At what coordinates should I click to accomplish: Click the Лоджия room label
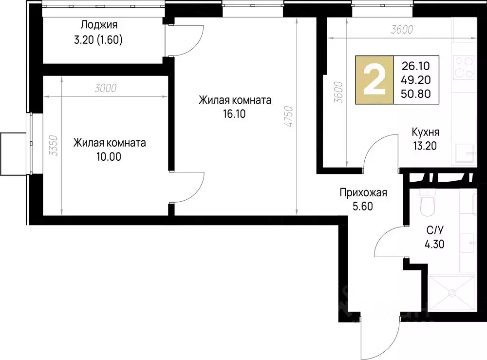[x=99, y=25]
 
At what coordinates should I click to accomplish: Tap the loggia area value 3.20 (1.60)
[x=97, y=40]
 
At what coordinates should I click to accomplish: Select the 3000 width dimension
[x=107, y=88]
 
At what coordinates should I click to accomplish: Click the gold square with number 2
[x=375, y=80]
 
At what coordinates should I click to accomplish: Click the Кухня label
[x=426, y=132]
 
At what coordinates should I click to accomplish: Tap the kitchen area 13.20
[x=425, y=145]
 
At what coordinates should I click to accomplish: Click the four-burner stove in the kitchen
[x=464, y=67]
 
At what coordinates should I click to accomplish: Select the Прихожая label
[x=363, y=193]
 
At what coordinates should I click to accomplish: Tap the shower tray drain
[x=452, y=293]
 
